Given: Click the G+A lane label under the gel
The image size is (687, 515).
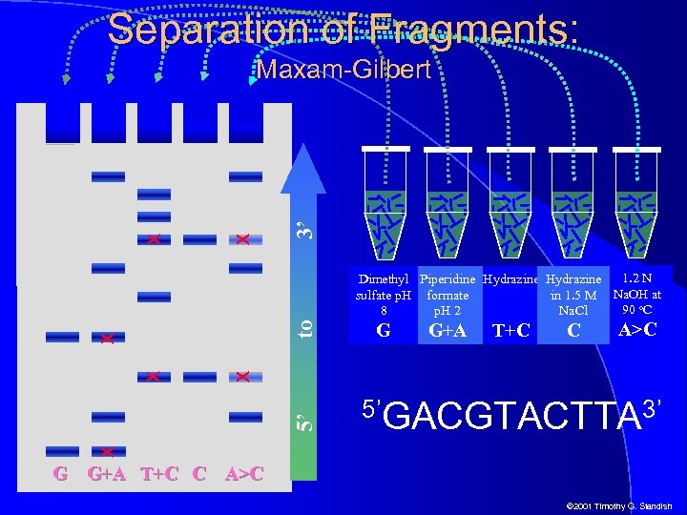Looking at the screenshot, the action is click(x=107, y=473).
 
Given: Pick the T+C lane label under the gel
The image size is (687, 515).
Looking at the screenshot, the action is click(x=159, y=473).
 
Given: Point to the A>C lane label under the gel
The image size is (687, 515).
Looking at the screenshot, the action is click(x=244, y=473).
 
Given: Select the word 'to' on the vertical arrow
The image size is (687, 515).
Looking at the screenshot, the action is click(x=305, y=327).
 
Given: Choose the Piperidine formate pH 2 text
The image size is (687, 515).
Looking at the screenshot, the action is click(x=448, y=295).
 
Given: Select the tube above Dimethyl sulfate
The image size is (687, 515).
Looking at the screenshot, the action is click(x=386, y=205).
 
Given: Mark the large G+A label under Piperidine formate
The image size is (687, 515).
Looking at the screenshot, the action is click(x=448, y=331).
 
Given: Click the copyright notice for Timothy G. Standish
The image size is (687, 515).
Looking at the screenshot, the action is click(x=619, y=505).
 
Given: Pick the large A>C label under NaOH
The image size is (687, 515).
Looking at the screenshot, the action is click(x=636, y=329).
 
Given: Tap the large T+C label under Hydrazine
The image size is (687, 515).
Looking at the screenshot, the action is click(x=510, y=331).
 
